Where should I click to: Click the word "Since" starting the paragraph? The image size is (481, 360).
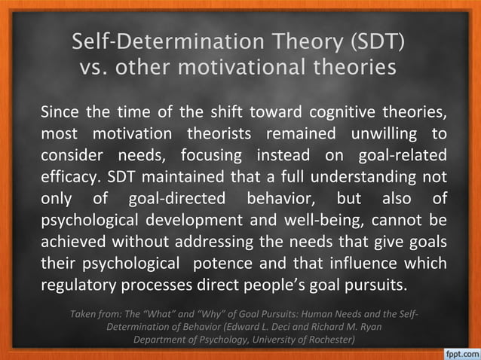60,114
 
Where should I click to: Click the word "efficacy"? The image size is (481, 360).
69,178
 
